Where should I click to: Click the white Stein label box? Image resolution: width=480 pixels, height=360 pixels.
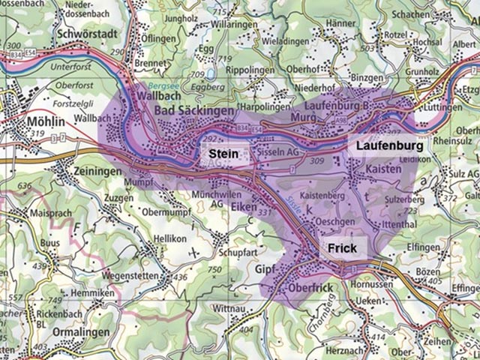223,154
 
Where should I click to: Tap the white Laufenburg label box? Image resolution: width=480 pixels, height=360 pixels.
389,145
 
